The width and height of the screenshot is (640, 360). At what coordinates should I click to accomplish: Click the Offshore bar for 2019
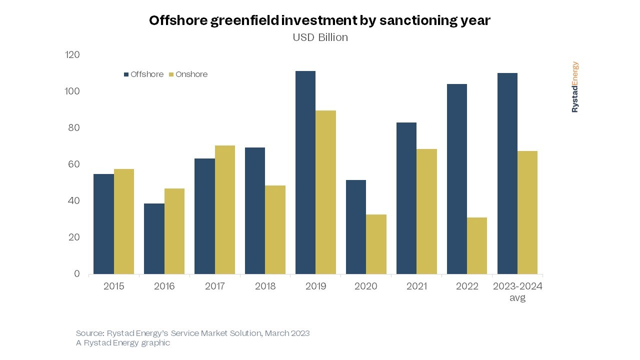click(305, 172)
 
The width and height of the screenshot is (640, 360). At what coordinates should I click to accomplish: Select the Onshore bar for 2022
click(477, 245)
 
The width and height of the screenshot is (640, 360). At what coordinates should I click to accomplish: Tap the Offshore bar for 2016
click(154, 238)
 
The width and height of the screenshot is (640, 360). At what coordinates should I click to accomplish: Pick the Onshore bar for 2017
click(224, 209)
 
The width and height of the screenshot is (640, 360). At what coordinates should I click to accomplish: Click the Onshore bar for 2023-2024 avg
click(527, 212)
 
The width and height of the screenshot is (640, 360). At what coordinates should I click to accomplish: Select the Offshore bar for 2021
click(406, 198)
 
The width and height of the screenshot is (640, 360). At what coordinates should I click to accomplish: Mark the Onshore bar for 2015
click(124, 221)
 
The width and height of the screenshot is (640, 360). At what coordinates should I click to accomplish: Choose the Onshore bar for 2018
click(275, 229)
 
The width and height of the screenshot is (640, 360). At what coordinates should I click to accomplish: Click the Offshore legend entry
click(144, 74)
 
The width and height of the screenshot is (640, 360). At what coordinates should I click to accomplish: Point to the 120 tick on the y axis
click(72, 54)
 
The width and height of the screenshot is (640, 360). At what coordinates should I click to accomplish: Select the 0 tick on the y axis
click(77, 273)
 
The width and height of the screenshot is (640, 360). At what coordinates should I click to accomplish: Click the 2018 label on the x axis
click(265, 286)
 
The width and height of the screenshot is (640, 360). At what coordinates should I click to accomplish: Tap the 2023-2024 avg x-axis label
click(517, 291)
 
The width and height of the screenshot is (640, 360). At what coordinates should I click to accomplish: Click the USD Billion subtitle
click(320, 37)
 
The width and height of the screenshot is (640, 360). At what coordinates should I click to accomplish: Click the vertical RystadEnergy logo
click(575, 87)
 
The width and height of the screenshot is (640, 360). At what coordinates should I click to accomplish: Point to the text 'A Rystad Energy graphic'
click(123, 343)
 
